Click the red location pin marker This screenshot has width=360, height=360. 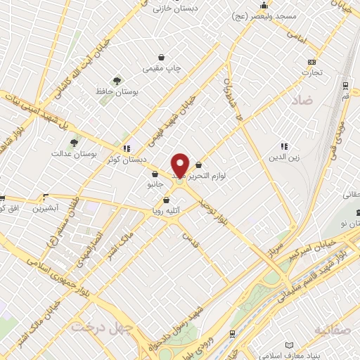click(x=180, y=165)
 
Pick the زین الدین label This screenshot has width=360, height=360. click(x=285, y=158)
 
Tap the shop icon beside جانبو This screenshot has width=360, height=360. click(x=154, y=173)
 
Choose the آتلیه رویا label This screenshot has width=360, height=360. click(x=166, y=210)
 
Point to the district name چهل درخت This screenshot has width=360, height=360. click(x=94, y=327)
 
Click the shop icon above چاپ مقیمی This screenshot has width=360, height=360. click(x=162, y=57)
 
